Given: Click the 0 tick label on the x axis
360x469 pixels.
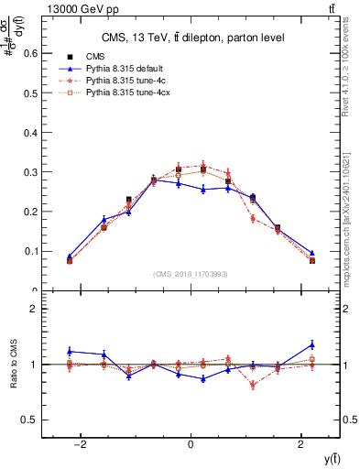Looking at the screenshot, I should click(191, 445).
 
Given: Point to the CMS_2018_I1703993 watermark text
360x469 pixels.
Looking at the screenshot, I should click(191, 274).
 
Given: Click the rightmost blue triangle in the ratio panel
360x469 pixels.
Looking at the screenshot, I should click(311, 344).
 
